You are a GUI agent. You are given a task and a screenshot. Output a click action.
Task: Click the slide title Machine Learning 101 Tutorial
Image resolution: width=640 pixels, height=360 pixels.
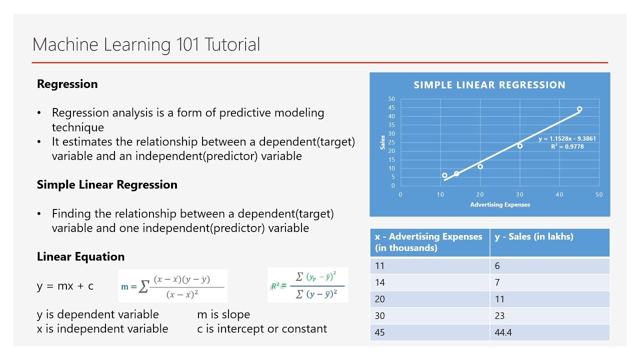(x=146, y=44)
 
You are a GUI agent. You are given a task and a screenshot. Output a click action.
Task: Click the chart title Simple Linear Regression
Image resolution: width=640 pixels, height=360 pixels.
(x=489, y=85)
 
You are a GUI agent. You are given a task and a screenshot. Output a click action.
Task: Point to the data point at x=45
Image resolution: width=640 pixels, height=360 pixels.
(x=579, y=109)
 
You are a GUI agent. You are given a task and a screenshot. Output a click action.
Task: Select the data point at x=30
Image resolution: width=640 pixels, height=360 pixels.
(x=520, y=146)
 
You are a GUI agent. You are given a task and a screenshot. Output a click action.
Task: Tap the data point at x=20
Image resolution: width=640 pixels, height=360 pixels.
(x=480, y=166)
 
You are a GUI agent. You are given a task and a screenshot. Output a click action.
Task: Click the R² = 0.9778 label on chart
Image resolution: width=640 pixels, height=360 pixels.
(x=567, y=146)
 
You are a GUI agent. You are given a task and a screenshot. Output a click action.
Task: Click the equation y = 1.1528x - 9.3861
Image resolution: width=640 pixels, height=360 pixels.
(x=567, y=138)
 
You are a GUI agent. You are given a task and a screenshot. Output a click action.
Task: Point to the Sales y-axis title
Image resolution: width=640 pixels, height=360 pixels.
(x=383, y=142)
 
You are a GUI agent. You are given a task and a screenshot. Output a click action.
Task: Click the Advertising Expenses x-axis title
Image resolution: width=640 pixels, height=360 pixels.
(x=500, y=204)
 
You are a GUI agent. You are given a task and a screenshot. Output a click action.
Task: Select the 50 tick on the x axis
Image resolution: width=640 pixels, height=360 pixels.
(x=599, y=194)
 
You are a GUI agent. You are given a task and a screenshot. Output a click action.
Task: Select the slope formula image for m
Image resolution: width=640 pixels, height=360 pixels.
(x=172, y=286)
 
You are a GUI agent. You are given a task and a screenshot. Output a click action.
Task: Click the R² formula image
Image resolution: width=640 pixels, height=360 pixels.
(x=307, y=285)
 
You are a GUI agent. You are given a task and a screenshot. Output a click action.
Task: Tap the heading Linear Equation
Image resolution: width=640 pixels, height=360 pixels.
(x=80, y=256)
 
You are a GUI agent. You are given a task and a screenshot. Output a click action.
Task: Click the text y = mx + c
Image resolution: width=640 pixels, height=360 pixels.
(x=65, y=286)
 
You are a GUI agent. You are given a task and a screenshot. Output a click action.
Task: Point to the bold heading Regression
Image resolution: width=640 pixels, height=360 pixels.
(x=67, y=84)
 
